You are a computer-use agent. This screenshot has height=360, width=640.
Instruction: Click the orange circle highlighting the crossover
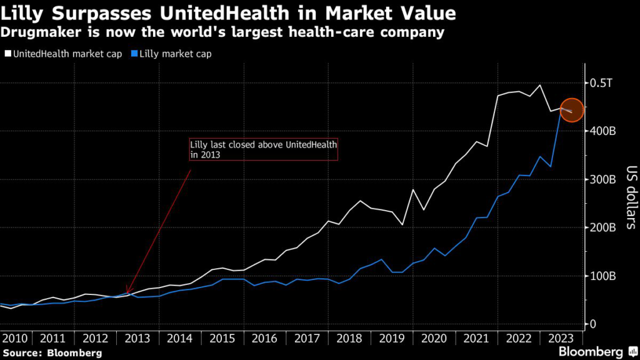point(572,111)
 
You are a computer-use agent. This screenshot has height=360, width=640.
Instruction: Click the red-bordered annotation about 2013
point(263,149)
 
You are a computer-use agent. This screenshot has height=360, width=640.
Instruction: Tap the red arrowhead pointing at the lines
point(127,291)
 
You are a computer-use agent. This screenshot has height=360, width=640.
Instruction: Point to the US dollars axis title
point(629,197)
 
